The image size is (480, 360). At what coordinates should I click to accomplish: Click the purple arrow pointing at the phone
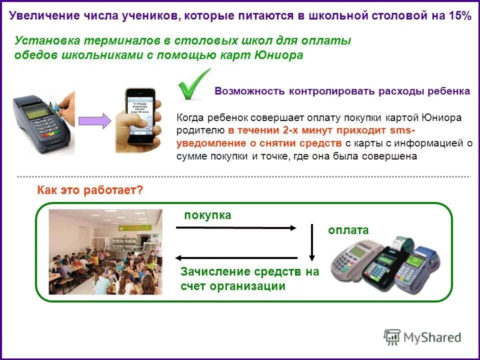(x=94, y=121)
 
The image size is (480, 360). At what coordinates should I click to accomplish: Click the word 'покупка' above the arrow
(x=207, y=215)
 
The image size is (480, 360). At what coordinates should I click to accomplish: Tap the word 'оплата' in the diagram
(x=348, y=230)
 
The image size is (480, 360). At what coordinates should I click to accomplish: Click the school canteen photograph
(x=105, y=251)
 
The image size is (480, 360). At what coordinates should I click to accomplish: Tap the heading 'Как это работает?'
(x=90, y=190)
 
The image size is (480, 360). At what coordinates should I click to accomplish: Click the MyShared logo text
(x=432, y=337)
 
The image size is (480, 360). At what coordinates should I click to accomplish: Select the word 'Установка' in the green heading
(x=41, y=41)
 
